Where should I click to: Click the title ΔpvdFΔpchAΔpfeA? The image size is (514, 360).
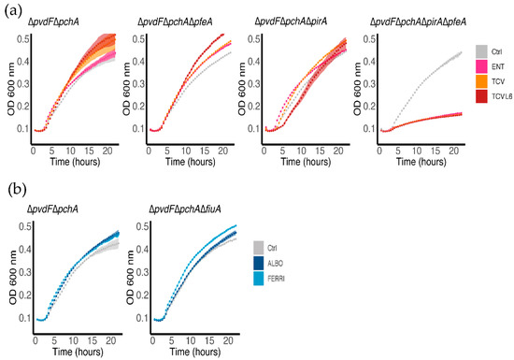coord(178,21)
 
